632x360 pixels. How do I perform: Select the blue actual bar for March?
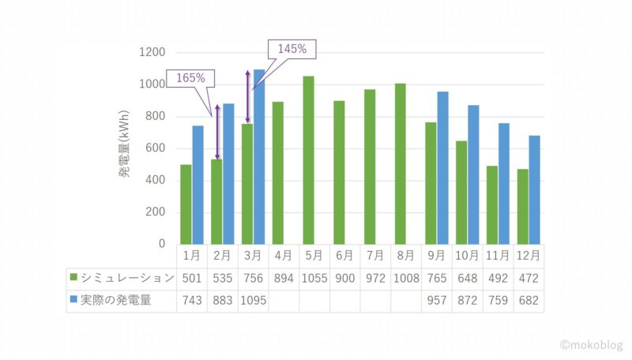(259, 157)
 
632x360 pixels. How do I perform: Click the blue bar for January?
(198, 185)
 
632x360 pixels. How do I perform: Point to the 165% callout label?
(190, 78)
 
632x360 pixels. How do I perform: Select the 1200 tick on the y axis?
(152, 53)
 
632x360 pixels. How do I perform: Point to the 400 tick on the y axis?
(156, 180)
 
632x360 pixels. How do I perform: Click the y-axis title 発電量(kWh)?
(126, 148)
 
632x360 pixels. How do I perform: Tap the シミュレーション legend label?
(127, 278)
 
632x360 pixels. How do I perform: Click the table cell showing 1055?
(314, 278)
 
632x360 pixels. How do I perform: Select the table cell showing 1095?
(253, 300)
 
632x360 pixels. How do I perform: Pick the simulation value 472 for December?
(529, 278)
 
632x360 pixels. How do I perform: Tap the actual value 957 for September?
(437, 300)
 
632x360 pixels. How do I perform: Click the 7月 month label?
(375, 256)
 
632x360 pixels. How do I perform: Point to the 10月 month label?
(468, 256)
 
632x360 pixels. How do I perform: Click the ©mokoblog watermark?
(590, 345)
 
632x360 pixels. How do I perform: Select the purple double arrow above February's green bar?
(217, 131)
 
